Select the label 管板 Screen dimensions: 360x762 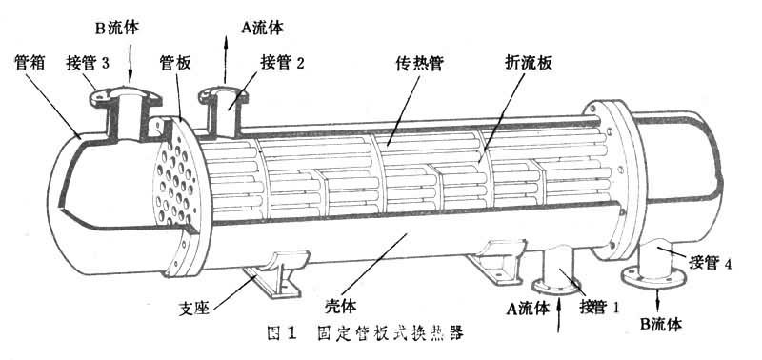tap(176, 64)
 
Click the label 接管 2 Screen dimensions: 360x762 tap(282, 64)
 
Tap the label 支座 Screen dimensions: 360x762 tap(197, 308)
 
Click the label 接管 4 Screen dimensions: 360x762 tap(709, 264)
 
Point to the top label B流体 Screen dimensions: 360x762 tap(117, 26)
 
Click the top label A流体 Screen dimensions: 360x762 tap(261, 26)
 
